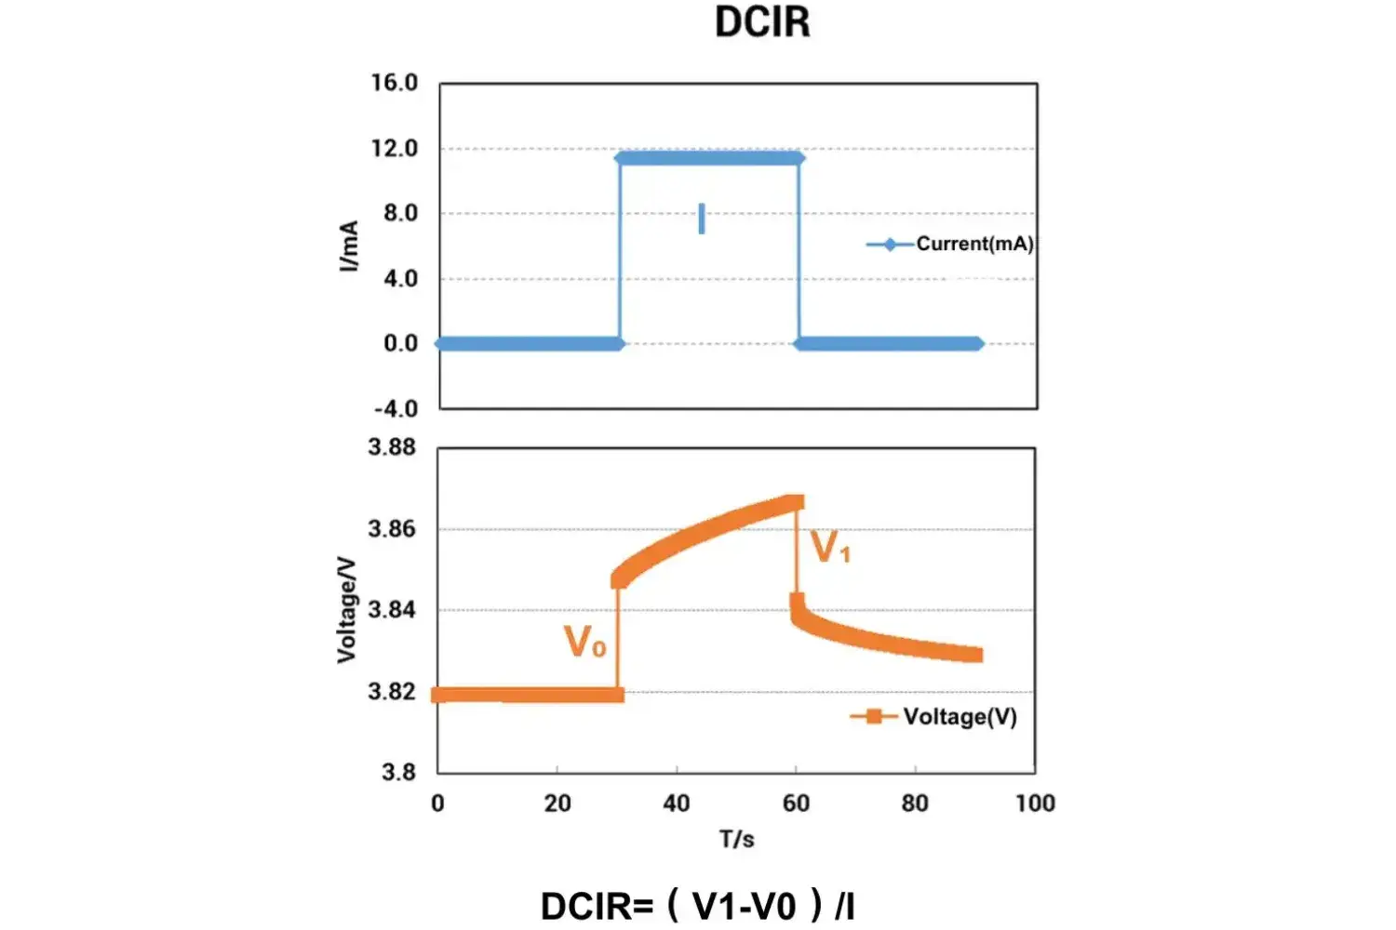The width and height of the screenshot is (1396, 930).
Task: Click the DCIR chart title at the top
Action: (762, 22)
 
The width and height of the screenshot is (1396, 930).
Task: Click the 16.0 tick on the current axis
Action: (395, 83)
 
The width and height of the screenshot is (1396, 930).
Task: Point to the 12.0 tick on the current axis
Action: (395, 149)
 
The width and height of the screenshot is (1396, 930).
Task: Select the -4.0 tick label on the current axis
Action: (396, 408)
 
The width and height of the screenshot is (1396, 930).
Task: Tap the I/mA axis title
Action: (349, 246)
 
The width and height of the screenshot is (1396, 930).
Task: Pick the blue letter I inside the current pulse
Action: (702, 219)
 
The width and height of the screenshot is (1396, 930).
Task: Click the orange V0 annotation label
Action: (585, 642)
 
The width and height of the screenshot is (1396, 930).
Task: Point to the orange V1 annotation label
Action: (830, 548)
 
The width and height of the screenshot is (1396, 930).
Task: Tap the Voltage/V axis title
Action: (346, 610)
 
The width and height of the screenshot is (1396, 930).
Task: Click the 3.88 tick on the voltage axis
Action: (392, 447)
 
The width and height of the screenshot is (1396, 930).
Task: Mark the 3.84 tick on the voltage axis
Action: (392, 610)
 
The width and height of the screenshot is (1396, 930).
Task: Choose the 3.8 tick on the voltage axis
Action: (398, 772)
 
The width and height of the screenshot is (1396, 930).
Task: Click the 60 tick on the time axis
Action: (796, 804)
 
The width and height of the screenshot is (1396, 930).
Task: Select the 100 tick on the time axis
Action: (1035, 804)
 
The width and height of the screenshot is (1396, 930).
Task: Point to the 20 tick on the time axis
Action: (557, 804)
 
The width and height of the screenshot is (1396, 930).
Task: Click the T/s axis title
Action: (736, 839)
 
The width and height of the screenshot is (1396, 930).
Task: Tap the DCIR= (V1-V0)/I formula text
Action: (698, 905)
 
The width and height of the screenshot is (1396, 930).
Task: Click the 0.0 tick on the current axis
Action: (400, 344)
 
